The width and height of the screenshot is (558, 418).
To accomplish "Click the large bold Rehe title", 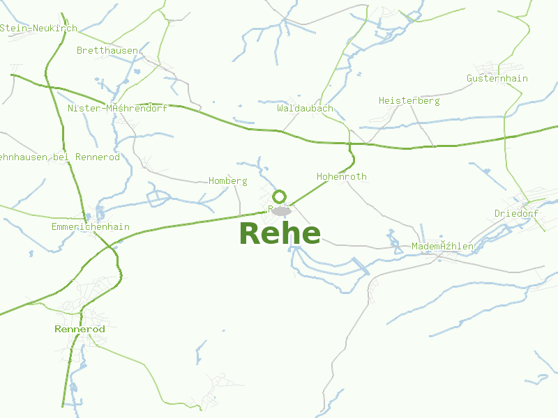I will [280, 233].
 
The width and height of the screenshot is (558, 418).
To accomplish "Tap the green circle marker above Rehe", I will [280, 196].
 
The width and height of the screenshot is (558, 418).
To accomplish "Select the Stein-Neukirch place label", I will [38, 28].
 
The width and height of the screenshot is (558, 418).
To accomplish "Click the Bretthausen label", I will [107, 50].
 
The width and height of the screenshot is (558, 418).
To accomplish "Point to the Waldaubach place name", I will [305, 109].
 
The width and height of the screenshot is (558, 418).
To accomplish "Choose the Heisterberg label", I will [409, 100].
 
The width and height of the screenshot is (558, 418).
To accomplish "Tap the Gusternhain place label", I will [497, 78].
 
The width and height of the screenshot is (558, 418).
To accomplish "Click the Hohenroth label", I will [341, 176].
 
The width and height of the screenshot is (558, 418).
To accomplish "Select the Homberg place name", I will [228, 180].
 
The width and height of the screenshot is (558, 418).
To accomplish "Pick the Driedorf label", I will [516, 213].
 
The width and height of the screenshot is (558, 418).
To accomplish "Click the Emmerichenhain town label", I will [91, 227].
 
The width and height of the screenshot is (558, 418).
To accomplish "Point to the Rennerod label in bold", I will [80, 329].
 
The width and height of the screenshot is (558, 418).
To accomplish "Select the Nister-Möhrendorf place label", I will [117, 109].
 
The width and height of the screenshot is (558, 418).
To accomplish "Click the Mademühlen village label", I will [442, 246].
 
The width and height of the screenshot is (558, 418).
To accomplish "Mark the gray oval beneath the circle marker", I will [282, 210].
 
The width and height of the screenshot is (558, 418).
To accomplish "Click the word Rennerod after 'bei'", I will [97, 157].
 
